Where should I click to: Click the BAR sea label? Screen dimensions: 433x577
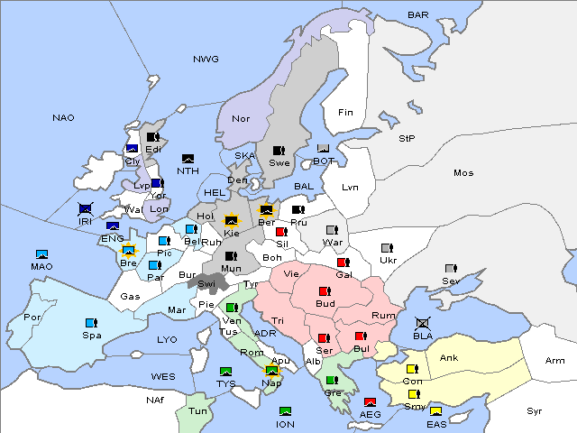tap(417, 15)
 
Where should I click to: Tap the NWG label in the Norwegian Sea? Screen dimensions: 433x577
tap(206, 60)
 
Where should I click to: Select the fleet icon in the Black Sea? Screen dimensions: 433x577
tap(422, 323)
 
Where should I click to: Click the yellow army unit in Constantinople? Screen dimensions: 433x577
tap(413, 369)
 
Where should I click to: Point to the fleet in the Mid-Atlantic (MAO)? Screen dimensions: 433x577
tap(41, 254)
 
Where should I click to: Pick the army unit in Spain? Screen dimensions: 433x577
tap(90, 322)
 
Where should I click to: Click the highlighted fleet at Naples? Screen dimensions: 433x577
tap(271, 369)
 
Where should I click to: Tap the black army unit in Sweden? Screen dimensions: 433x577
tap(279, 150)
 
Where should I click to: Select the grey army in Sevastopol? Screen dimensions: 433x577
tap(450, 269)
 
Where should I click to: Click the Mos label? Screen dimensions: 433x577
tap(463, 172)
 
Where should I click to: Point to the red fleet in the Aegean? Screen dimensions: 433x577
tap(370, 401)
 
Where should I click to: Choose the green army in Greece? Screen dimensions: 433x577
tap(332, 380)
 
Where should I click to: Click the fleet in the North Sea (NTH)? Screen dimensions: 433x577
tap(188, 158)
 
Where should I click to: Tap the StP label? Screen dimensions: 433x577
tap(407, 139)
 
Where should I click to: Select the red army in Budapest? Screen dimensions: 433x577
tap(325, 291)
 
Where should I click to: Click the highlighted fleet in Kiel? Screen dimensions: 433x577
tap(232, 219)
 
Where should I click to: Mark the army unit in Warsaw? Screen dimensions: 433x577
tap(332, 229)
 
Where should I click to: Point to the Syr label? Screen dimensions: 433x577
tap(535, 410)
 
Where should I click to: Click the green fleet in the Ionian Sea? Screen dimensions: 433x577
tap(285, 411)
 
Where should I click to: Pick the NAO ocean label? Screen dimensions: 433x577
tap(63, 118)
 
